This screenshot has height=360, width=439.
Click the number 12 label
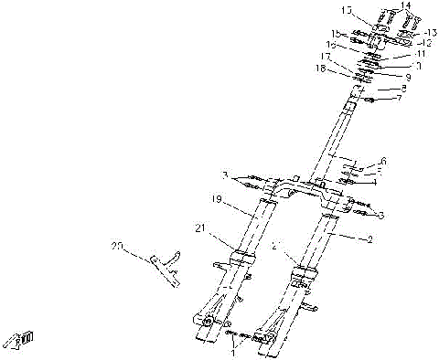click(x=424, y=43)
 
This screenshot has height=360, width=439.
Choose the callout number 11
click(x=417, y=54)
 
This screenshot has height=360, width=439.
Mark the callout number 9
click(x=408, y=77)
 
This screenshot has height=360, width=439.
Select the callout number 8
click(x=403, y=88)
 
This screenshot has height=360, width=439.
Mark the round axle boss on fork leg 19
click(x=208, y=323)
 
